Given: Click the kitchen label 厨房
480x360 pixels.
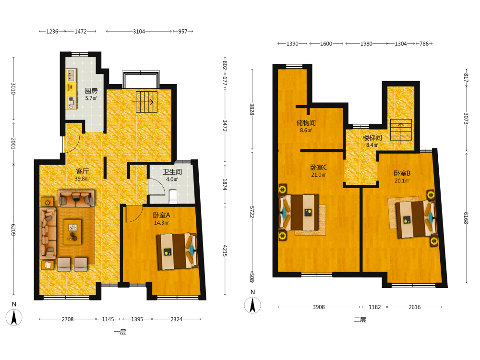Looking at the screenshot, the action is pyautogui.click(x=91, y=91).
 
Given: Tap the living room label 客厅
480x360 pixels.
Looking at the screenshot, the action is pyautogui.click(x=82, y=171).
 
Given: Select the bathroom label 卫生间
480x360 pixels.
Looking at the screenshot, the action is pyautogui.click(x=172, y=172).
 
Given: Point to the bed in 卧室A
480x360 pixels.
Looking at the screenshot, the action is pyautogui.click(x=177, y=252).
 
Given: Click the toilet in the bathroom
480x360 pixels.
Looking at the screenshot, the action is pyautogui.click(x=173, y=196).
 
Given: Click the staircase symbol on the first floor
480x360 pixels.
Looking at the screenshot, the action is pyautogui.click(x=146, y=102).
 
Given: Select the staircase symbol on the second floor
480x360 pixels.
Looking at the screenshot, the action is pyautogui.click(x=401, y=132).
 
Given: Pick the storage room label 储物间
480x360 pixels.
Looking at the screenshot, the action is pyautogui.click(x=306, y=123).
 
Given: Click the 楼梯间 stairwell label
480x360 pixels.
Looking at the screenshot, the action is pyautogui.click(x=372, y=138).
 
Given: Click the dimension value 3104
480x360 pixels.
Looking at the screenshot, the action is pyautogui.click(x=139, y=31).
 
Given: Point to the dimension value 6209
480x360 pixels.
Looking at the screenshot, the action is pyautogui.click(x=13, y=229).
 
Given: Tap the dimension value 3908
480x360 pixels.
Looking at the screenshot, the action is pyautogui.click(x=319, y=307).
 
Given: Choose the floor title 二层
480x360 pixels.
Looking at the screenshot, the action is pyautogui.click(x=360, y=320).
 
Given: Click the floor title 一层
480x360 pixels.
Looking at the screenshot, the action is pyautogui.click(x=120, y=332).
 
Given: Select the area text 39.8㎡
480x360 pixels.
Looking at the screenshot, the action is pyautogui.click(x=82, y=179).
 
